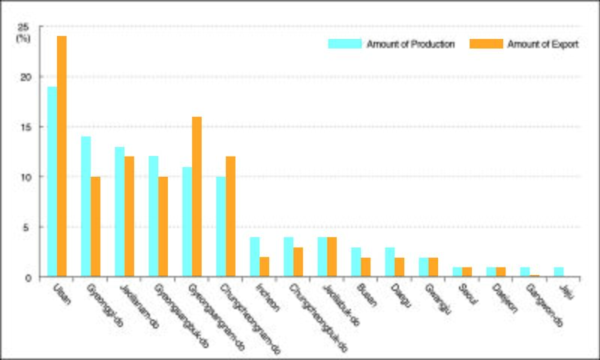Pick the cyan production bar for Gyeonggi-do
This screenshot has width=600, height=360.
(x=85, y=206)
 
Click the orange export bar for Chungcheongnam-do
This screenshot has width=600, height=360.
(x=231, y=217)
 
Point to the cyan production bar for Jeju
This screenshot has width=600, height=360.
(x=558, y=272)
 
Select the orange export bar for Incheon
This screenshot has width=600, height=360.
(x=265, y=267)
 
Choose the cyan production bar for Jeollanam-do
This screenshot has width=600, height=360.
(x=119, y=211)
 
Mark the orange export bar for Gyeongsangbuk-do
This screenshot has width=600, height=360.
(x=163, y=226)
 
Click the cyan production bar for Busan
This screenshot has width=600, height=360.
(x=355, y=262)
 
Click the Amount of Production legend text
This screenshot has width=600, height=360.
(x=410, y=44)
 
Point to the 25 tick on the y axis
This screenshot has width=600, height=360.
(x=23, y=27)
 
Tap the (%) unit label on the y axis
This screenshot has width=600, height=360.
(x=23, y=38)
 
